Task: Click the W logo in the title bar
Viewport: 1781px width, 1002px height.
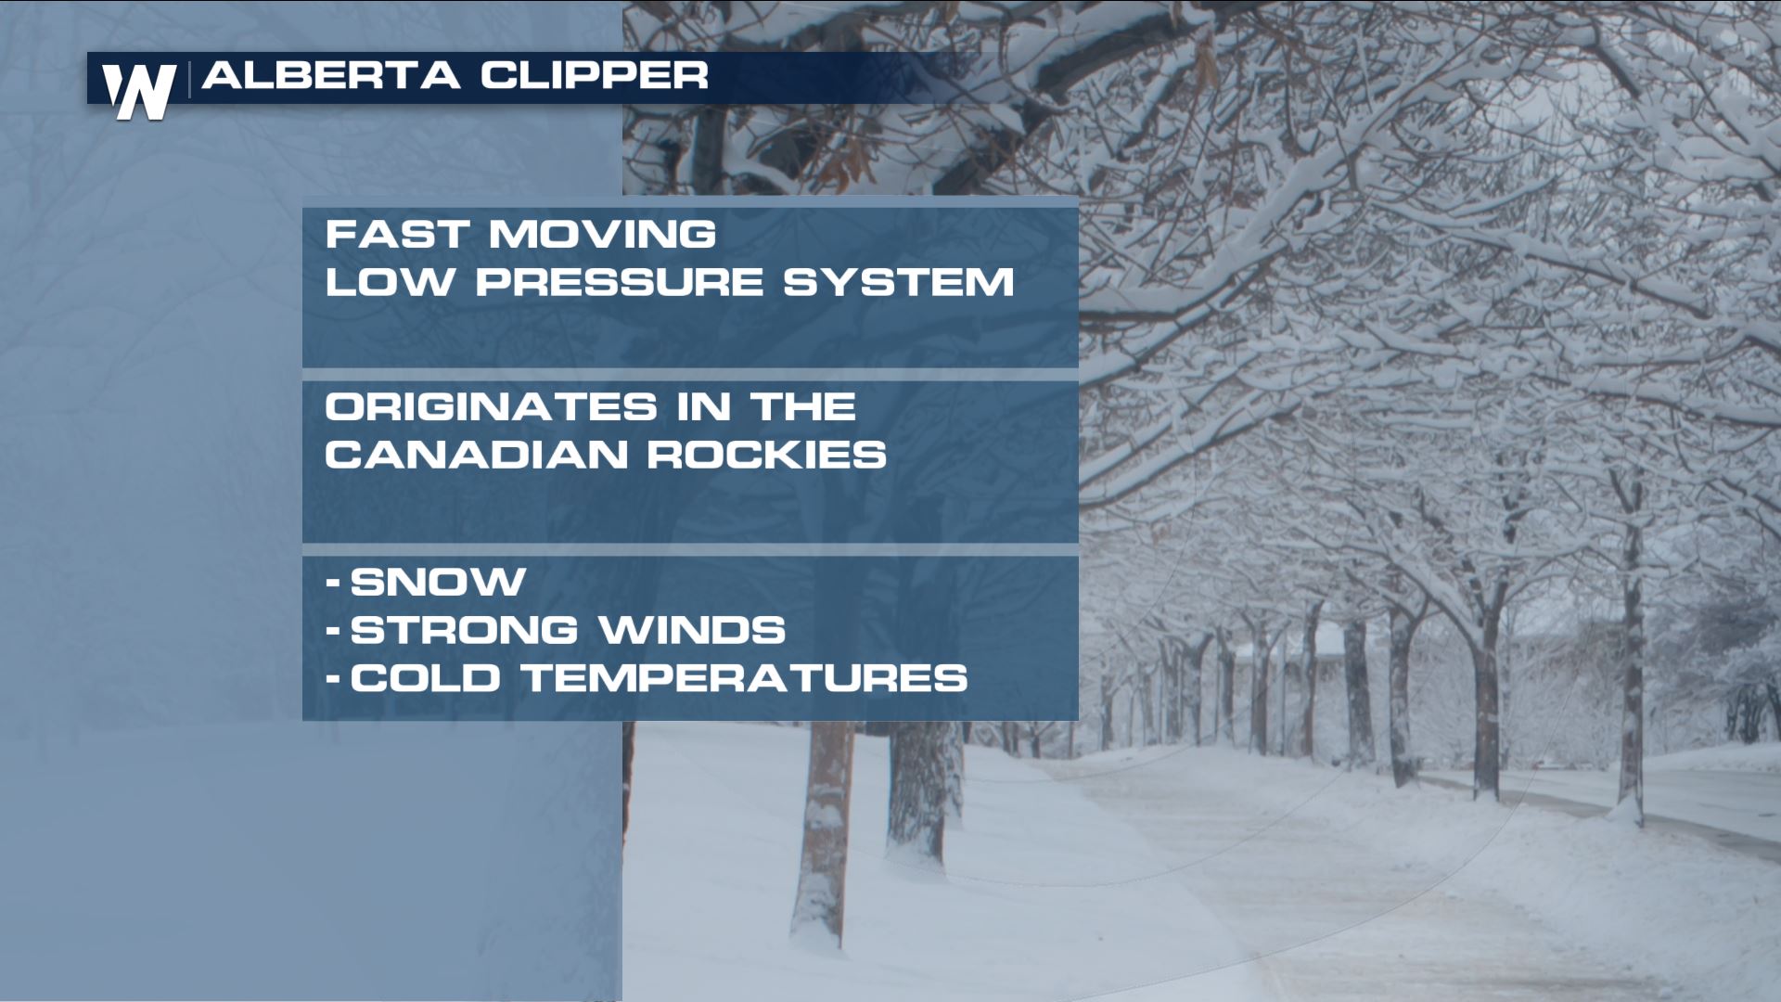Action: [x=139, y=92]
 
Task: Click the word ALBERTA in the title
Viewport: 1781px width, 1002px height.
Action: [x=331, y=75]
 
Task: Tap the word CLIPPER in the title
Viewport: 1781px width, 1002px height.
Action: [x=595, y=75]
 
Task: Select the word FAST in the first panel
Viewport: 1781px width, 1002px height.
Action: [x=397, y=234]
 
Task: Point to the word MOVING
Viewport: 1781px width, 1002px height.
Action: [x=603, y=234]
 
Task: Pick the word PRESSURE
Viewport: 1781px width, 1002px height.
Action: [x=619, y=282]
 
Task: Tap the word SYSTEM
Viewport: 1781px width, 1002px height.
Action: [x=899, y=282]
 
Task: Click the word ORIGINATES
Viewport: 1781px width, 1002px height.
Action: [x=491, y=406]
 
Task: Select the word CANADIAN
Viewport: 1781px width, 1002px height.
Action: [x=475, y=455]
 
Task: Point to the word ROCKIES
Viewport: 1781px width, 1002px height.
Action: [x=766, y=455]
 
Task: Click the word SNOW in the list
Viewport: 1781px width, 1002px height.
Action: [x=438, y=582]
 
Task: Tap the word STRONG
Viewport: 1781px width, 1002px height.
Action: [x=464, y=630]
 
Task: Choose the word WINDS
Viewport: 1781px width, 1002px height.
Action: [x=692, y=630]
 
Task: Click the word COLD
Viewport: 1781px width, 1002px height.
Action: [x=427, y=677]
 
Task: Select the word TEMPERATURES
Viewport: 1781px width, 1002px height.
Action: [x=746, y=677]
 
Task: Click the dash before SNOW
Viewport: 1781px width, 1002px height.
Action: [x=333, y=584]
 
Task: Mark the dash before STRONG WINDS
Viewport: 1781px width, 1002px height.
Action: [x=333, y=632]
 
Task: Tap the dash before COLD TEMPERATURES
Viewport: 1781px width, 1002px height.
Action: [x=333, y=679]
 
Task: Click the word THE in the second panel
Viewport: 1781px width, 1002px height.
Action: [x=802, y=406]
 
